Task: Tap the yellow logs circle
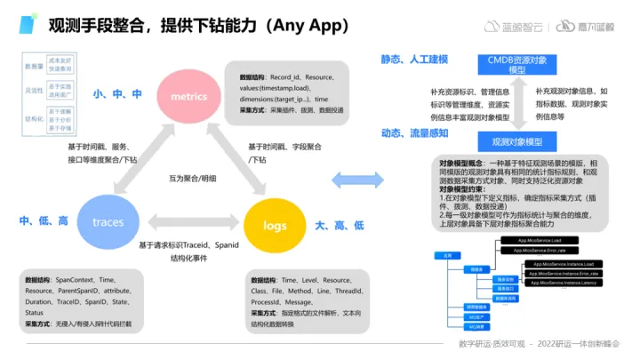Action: click(275, 226)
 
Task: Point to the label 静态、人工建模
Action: click(413, 60)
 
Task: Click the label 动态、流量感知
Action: click(413, 133)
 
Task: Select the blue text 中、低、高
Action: click(44, 220)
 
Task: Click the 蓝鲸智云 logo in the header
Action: click(510, 27)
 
